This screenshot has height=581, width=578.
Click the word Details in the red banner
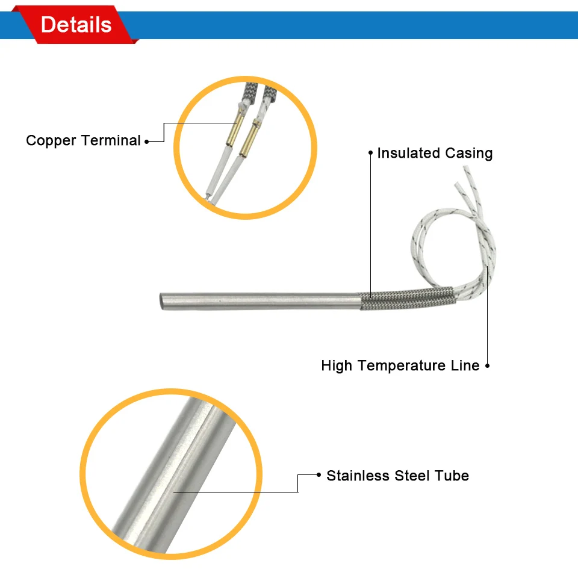[x=76, y=25]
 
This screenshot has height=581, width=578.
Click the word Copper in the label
[x=51, y=141]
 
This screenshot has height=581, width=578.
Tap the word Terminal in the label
[x=111, y=141]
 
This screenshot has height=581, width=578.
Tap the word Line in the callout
[x=465, y=365]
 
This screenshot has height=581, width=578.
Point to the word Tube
[x=453, y=476]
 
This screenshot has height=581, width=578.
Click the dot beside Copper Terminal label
[x=147, y=142]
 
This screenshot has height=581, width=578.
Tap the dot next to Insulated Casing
[x=371, y=153]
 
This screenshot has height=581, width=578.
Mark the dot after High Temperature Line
[x=488, y=365]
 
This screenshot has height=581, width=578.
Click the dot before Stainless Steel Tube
[x=318, y=475]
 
